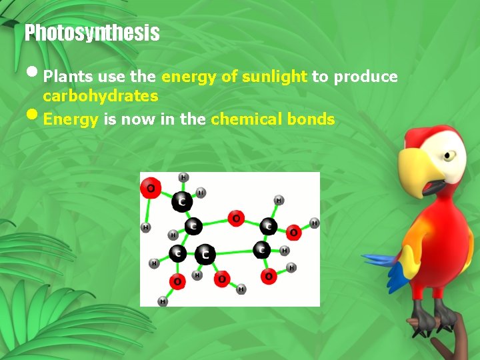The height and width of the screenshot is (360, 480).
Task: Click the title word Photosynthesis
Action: tap(92, 33)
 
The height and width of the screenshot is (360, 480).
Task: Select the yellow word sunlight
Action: tap(275, 77)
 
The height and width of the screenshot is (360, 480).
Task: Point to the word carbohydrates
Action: tap(101, 96)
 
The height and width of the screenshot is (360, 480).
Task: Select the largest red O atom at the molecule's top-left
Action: tap(151, 189)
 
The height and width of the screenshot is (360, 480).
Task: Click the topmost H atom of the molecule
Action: tap(183, 177)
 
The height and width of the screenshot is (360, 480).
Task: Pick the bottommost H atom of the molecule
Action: tap(162, 301)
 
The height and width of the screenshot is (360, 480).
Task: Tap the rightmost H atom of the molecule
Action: tap(314, 223)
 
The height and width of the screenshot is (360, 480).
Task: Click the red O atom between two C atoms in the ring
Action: tap(235, 218)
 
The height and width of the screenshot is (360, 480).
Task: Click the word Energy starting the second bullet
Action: tap(71, 120)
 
